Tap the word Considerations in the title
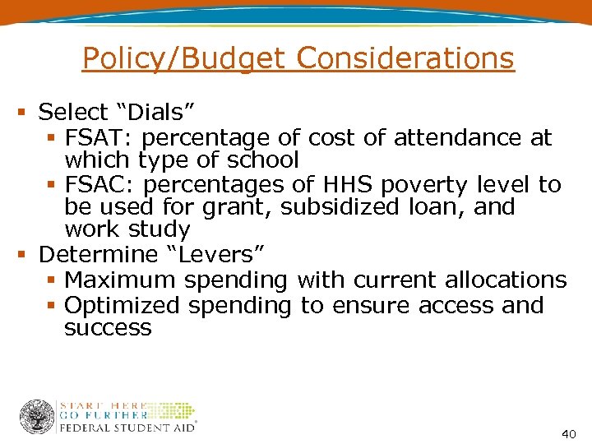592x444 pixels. click(x=405, y=58)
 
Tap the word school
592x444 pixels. click(x=260, y=159)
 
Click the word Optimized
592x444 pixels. click(x=123, y=305)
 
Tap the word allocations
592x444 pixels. click(x=506, y=280)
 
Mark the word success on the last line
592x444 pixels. click(x=108, y=328)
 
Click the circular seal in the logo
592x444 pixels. click(x=37, y=417)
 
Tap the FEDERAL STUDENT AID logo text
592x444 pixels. click(x=127, y=428)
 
